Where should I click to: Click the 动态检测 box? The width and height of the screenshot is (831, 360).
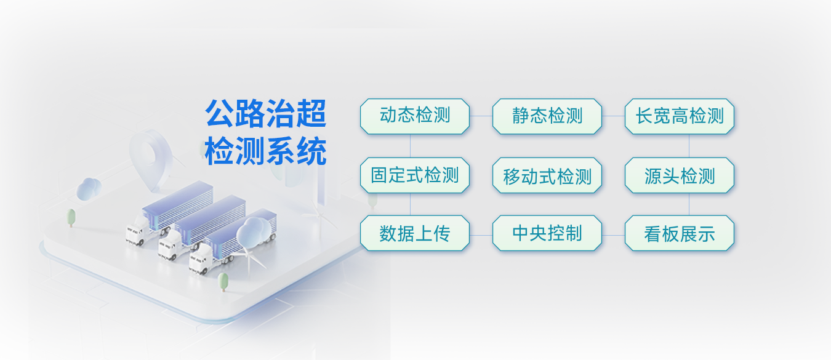(415, 116)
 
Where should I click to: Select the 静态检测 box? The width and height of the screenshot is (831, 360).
(547, 116)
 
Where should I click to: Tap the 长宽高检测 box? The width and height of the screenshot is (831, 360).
(680, 116)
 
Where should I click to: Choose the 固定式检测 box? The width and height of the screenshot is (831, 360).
(415, 175)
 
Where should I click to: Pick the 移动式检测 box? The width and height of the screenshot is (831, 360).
(547, 175)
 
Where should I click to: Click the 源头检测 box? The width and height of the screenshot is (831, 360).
(680, 175)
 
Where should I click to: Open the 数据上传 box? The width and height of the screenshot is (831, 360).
(415, 233)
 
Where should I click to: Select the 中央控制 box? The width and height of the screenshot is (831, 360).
(547, 233)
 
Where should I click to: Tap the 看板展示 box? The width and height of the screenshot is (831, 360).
(680, 233)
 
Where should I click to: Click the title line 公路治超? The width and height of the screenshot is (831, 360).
(266, 113)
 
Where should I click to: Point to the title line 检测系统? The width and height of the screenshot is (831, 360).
(266, 151)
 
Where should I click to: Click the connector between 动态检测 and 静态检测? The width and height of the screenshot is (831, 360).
(481, 116)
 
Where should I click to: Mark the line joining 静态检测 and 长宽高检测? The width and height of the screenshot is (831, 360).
(614, 116)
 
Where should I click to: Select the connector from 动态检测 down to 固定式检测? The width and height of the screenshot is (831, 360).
(410, 146)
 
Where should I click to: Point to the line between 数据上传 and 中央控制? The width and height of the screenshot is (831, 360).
(481, 235)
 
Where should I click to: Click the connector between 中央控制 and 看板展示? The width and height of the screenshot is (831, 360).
(614, 235)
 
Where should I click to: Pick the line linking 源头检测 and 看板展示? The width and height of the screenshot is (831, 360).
(689, 204)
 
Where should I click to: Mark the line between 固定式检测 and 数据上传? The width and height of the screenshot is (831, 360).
(410, 204)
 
